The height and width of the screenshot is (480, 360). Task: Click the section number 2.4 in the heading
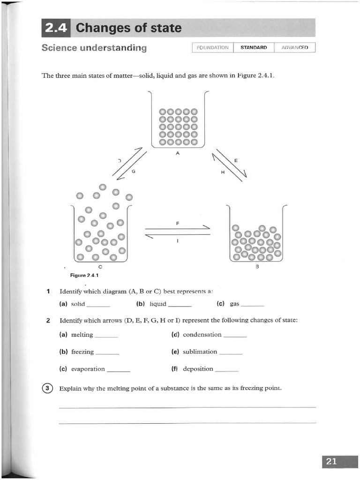tap(56, 28)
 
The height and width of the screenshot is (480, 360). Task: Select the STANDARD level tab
tap(254, 48)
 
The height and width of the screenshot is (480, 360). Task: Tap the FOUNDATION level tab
tap(213, 48)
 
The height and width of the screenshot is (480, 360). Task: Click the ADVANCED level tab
tap(295, 48)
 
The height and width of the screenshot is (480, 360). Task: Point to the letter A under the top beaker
tap(178, 153)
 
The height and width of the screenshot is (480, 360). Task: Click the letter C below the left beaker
tap(100, 267)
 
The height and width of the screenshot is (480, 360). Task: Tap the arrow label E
tap(236, 161)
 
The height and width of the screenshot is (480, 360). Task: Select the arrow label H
tap(223, 172)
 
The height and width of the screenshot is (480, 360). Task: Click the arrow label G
tap(133, 172)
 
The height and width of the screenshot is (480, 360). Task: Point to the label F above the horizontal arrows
tap(178, 224)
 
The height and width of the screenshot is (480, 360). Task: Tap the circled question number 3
tap(48, 388)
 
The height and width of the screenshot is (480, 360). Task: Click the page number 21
tap(331, 461)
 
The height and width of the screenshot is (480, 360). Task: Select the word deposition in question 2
tap(198, 369)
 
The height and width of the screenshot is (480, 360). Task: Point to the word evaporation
tap(88, 369)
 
